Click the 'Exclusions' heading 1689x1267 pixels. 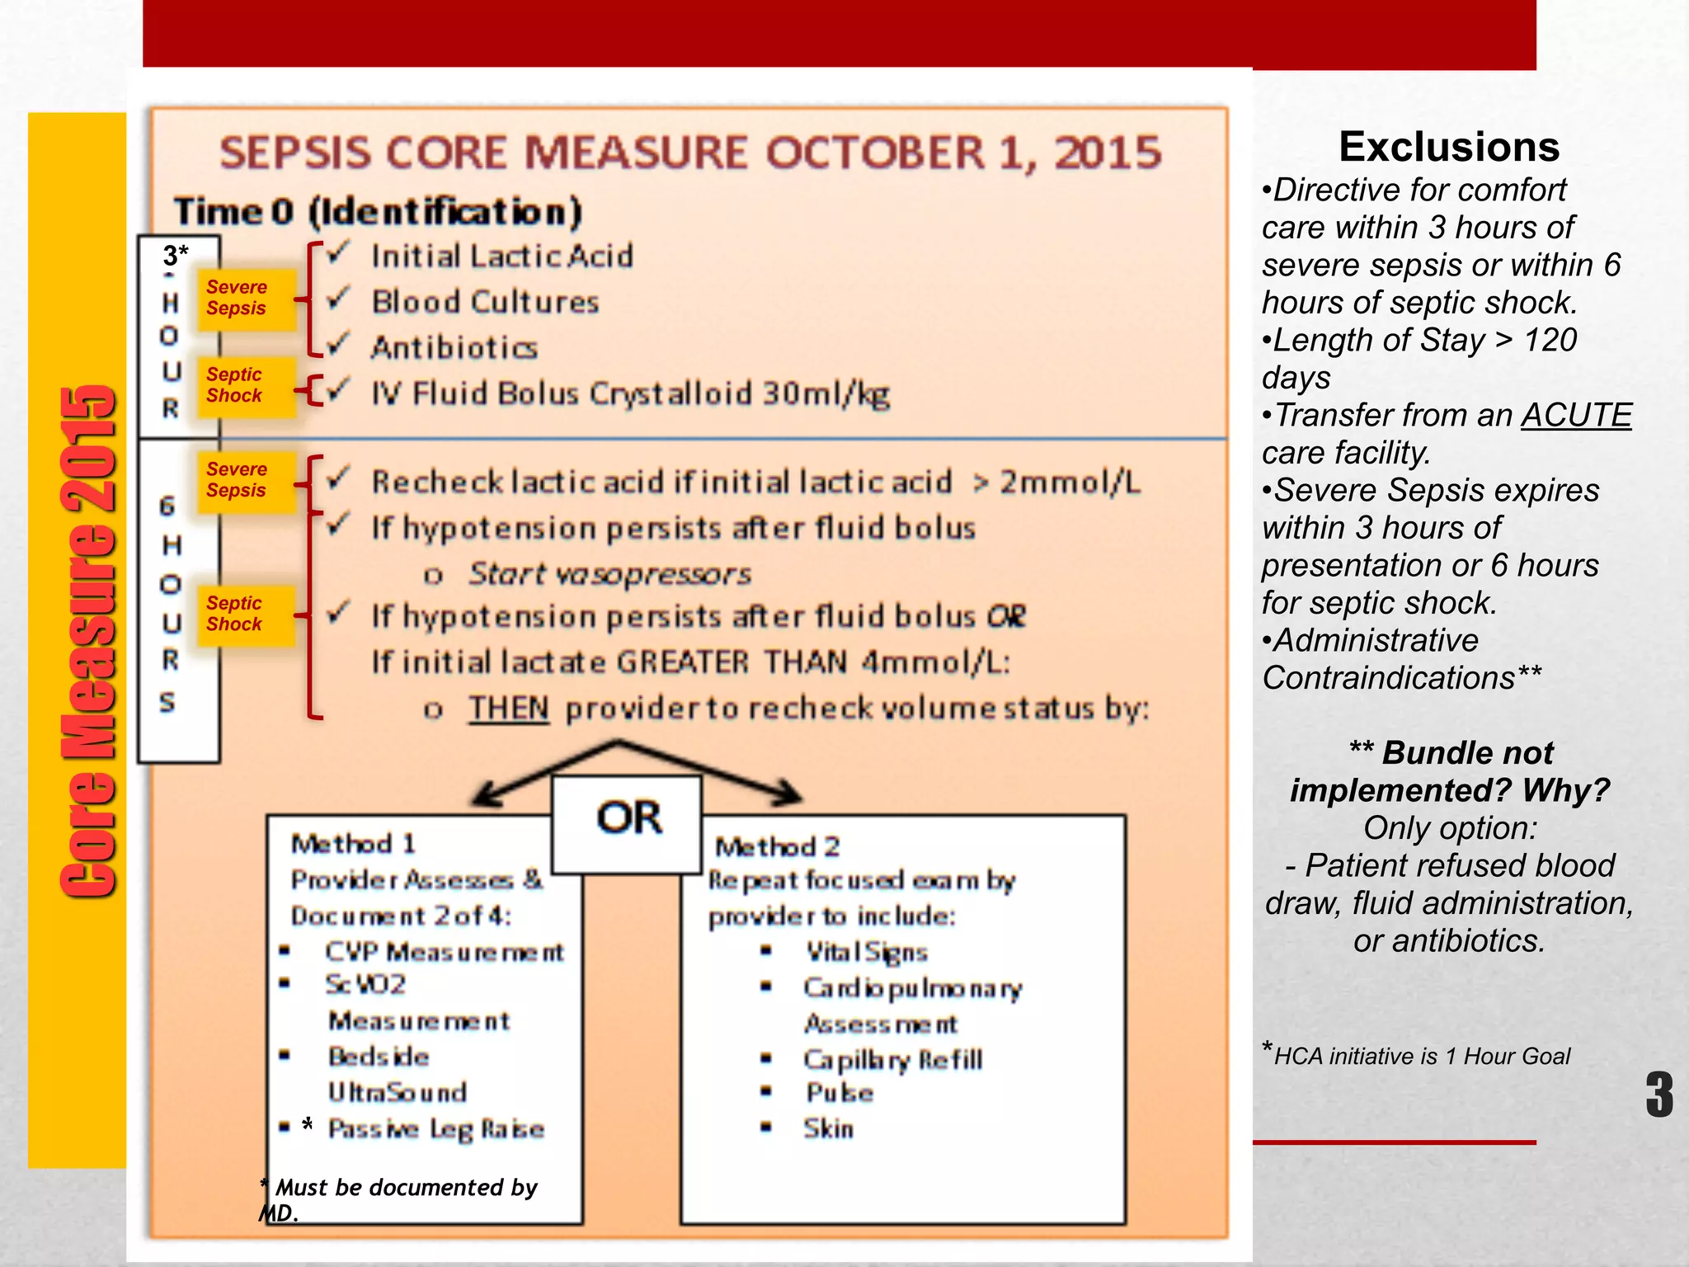(1448, 147)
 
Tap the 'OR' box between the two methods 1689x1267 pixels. (628, 820)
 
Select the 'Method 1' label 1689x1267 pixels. (354, 844)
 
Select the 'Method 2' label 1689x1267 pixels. (777, 846)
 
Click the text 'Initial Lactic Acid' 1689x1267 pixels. (501, 257)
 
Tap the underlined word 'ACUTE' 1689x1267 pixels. (1575, 415)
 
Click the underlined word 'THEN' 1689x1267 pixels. (508, 708)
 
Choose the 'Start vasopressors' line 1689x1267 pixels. (609, 574)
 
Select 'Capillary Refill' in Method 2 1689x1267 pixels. (892, 1059)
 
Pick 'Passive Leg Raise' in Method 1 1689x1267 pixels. (435, 1128)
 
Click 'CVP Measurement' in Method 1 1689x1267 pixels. (444, 952)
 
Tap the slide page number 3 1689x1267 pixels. (1658, 1094)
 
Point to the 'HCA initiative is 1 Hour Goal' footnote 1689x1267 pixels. (1420, 1056)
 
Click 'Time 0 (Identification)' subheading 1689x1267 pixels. (378, 211)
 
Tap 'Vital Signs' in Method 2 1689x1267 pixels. (867, 952)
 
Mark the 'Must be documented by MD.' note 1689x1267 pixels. (398, 1198)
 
